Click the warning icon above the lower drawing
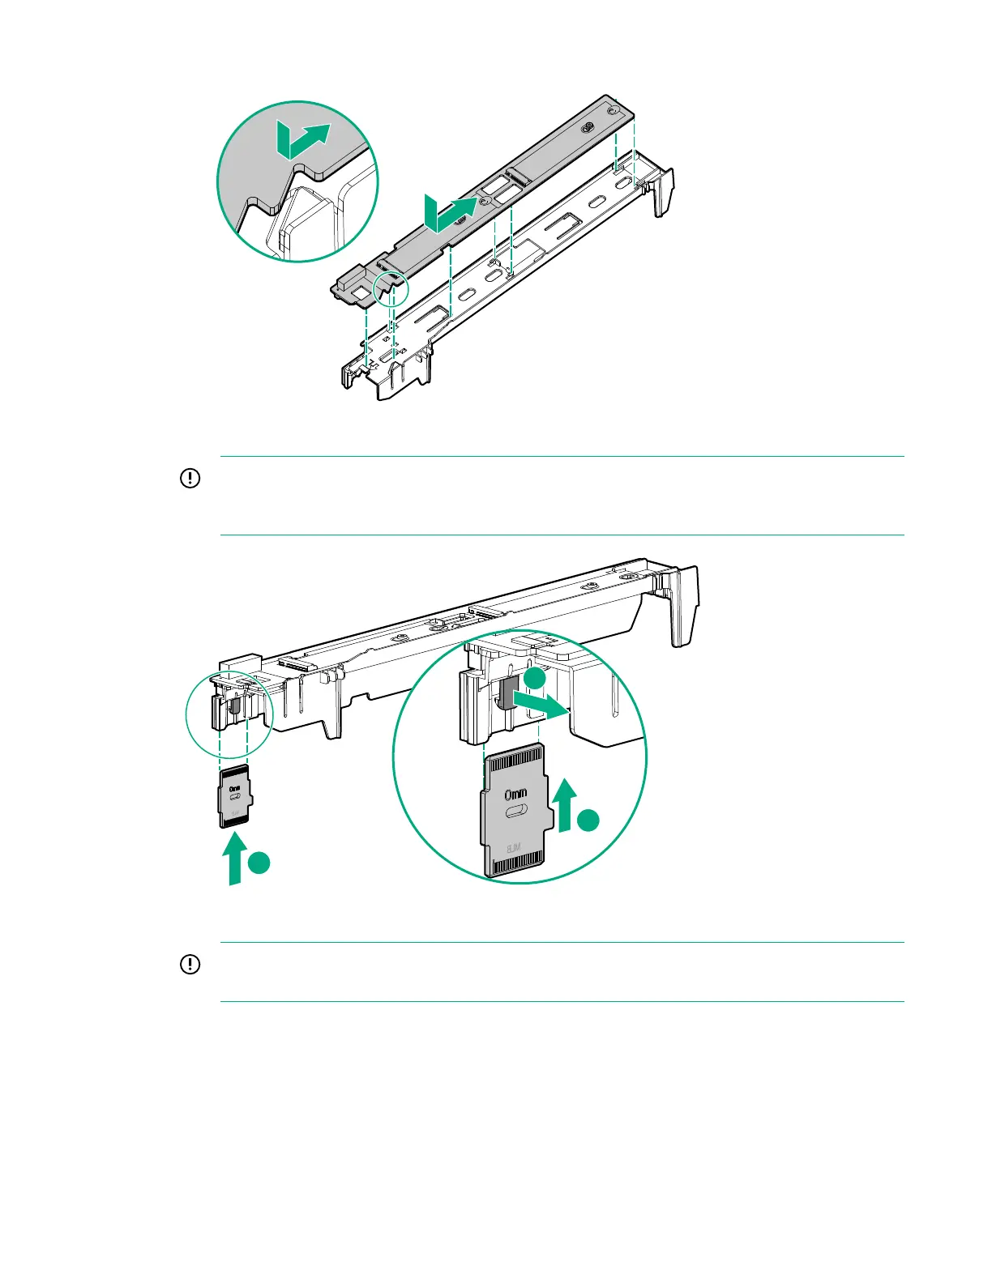click(x=189, y=479)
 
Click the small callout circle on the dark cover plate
click(x=391, y=288)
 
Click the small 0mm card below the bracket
click(x=235, y=797)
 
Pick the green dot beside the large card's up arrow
click(x=590, y=821)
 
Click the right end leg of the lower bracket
click(x=685, y=603)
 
